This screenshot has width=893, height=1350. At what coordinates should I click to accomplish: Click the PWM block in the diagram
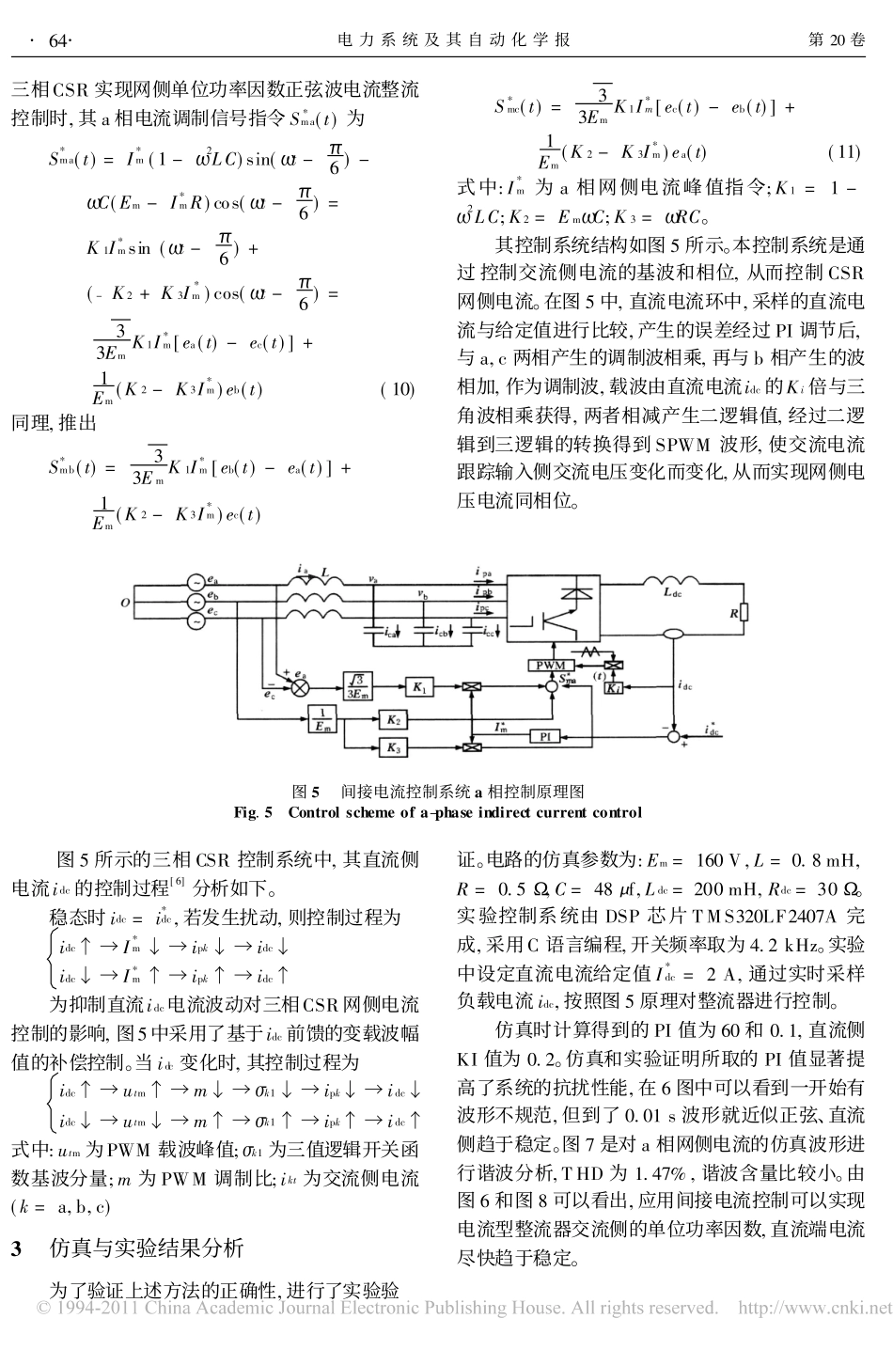click(x=549, y=665)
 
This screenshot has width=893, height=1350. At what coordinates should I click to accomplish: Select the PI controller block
click(x=545, y=736)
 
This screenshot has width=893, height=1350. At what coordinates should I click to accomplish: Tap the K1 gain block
click(x=419, y=687)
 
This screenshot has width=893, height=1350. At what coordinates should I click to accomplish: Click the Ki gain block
click(x=612, y=689)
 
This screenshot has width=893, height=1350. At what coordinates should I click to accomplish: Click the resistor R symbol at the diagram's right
click(x=744, y=612)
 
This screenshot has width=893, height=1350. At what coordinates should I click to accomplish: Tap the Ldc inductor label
click(x=673, y=593)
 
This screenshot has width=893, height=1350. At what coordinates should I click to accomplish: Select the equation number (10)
click(x=397, y=389)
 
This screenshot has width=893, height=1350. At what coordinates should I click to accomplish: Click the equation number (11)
click(x=842, y=151)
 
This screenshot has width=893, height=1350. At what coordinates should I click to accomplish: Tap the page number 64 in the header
click(x=59, y=40)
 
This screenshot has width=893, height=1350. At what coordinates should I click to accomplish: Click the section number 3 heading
click(x=16, y=1248)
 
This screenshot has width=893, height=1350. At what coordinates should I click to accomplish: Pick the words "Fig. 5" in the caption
click(x=253, y=811)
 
